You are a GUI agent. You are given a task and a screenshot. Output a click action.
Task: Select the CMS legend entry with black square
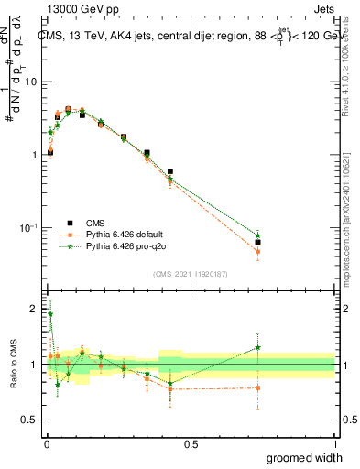[x=93, y=223]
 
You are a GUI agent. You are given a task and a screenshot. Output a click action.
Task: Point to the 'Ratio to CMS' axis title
[x=13, y=365]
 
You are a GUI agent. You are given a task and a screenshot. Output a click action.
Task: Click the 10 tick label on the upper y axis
[x=29, y=82]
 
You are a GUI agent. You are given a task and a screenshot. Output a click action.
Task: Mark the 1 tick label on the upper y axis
[x=33, y=155]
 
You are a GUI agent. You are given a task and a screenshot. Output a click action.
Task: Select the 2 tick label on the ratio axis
[x=33, y=310]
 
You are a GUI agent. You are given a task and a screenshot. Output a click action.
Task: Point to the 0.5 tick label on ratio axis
[x=28, y=420]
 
